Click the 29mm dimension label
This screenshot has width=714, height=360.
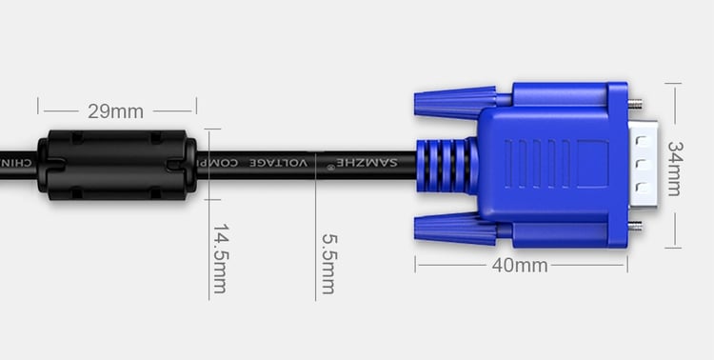coord(115,111)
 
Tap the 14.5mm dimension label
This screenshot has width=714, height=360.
coord(221,258)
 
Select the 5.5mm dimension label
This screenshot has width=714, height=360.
coord(329,264)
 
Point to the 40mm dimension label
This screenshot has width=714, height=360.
coord(520,265)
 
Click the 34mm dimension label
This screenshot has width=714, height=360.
coord(676,169)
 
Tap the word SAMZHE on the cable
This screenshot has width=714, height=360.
coord(367,162)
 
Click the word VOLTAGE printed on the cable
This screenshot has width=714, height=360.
coord(279,163)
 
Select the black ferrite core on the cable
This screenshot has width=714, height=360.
coord(117,165)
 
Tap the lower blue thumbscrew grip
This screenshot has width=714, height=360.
coord(455,229)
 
